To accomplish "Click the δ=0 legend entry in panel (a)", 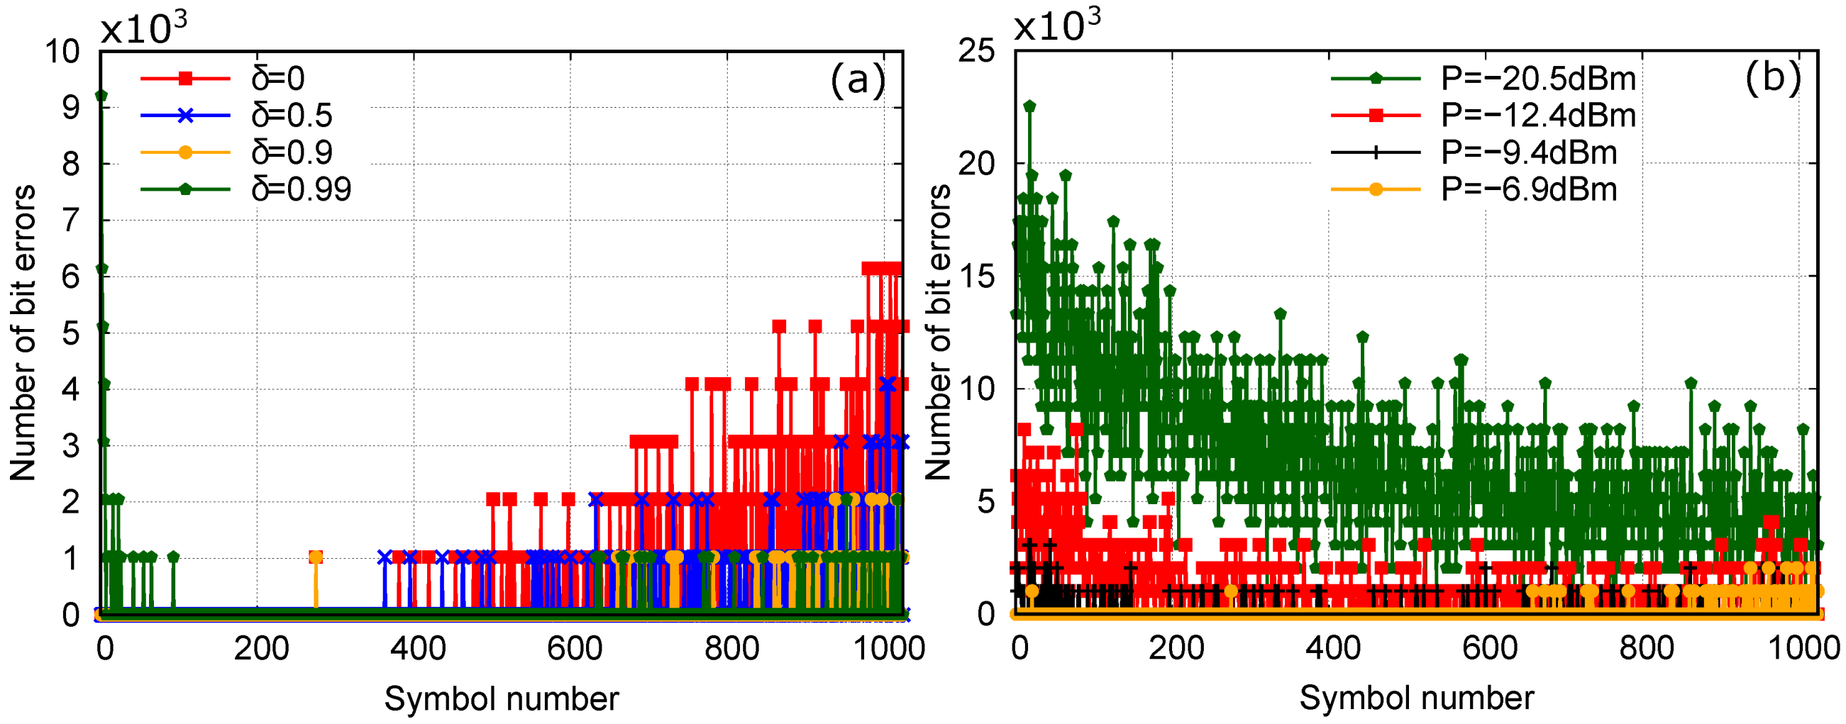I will [x=278, y=78].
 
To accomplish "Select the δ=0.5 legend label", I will [x=292, y=116].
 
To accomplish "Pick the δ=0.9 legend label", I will [x=292, y=152].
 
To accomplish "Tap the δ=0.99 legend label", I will [x=301, y=190].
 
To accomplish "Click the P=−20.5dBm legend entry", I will [x=1539, y=79].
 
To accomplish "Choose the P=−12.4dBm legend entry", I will [x=1539, y=116].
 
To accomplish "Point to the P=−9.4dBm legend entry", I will [x=1530, y=152].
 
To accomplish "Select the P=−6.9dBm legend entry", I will [x=1530, y=190].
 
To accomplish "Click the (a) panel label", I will [x=857, y=79].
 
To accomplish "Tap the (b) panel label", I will [x=1772, y=77].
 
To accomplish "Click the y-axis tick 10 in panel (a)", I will [x=62, y=52].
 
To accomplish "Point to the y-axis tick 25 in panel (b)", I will [x=976, y=52].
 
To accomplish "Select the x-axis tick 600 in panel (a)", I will [x=574, y=649].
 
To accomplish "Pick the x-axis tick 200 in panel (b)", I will [x=1176, y=649].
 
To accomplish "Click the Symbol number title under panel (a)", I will [x=501, y=698].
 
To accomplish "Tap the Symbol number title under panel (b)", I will [x=1416, y=698].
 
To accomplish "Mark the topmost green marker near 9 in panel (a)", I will [x=101, y=96].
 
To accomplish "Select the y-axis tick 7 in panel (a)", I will [x=71, y=221].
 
